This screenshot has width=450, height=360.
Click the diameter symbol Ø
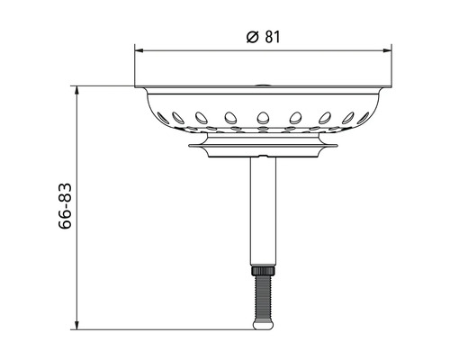tap(251, 37)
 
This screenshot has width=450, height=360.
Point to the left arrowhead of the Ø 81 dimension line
tap(139, 49)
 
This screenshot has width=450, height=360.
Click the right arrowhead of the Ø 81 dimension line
tap(388, 49)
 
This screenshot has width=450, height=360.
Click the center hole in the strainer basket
tap(263, 115)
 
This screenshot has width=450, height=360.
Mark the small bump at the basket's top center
tap(263, 85)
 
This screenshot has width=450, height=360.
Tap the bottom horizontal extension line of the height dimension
tap(162, 329)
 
